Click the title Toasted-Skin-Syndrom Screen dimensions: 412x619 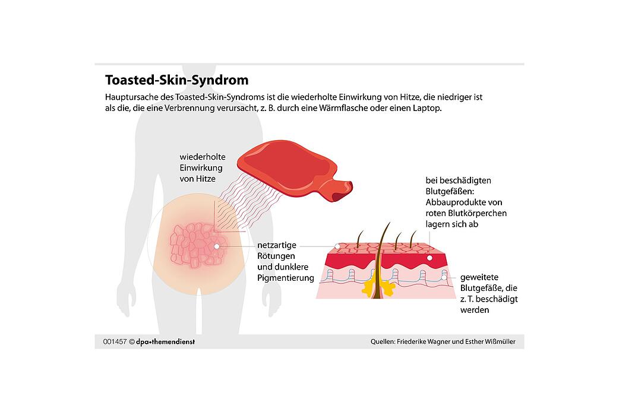[x=176, y=80]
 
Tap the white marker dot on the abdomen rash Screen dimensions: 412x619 [x=217, y=245]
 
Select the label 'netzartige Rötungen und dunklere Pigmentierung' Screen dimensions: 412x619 [x=286, y=261]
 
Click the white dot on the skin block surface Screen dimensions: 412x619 [x=338, y=246]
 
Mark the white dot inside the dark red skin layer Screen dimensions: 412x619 [x=429, y=258]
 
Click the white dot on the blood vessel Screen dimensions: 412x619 [x=444, y=277]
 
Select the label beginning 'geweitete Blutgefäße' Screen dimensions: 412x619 [x=489, y=293]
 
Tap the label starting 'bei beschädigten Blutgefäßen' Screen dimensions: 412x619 [x=466, y=202]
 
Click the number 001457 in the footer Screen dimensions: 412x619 [x=115, y=341]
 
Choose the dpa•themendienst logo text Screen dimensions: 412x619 [x=166, y=341]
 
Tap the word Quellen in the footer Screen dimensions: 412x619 [x=383, y=341]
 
